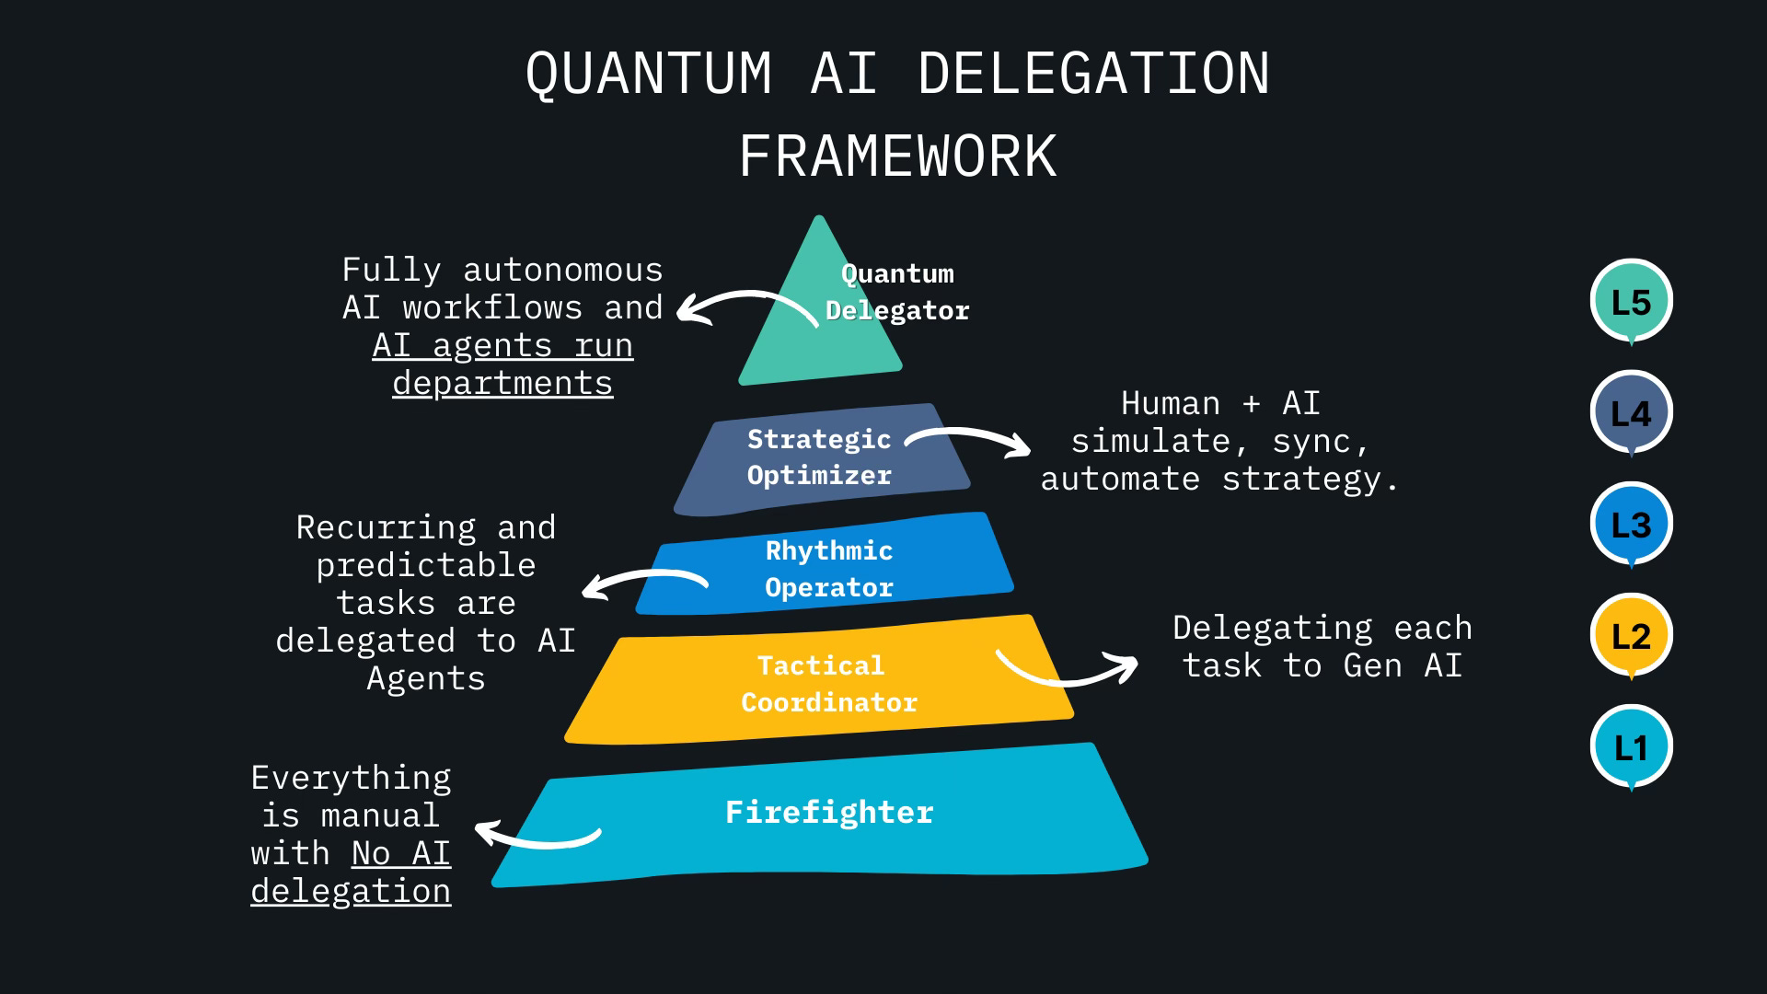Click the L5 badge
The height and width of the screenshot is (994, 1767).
[x=1631, y=302]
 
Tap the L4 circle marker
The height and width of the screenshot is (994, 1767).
[x=1631, y=413]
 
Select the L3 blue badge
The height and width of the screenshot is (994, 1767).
[x=1631, y=525]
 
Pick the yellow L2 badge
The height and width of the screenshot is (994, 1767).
[x=1631, y=636]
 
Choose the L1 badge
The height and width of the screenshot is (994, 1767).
[x=1631, y=747]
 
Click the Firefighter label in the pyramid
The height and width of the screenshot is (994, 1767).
[x=829, y=812]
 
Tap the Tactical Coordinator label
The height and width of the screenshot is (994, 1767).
[x=829, y=684]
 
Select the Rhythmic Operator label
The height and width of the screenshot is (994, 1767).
[x=829, y=569]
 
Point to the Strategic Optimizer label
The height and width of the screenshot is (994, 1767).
[x=819, y=457]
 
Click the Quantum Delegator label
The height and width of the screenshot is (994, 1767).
[x=897, y=292]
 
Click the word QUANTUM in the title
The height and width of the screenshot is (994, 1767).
[x=649, y=74]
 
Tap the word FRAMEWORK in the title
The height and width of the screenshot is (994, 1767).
[x=897, y=156]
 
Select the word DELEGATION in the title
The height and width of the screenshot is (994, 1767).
[x=1094, y=74]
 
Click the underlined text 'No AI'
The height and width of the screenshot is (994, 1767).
[x=401, y=854]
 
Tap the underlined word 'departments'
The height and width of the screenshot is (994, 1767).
[x=502, y=383]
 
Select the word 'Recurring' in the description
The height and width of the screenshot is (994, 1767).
[x=386, y=527]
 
